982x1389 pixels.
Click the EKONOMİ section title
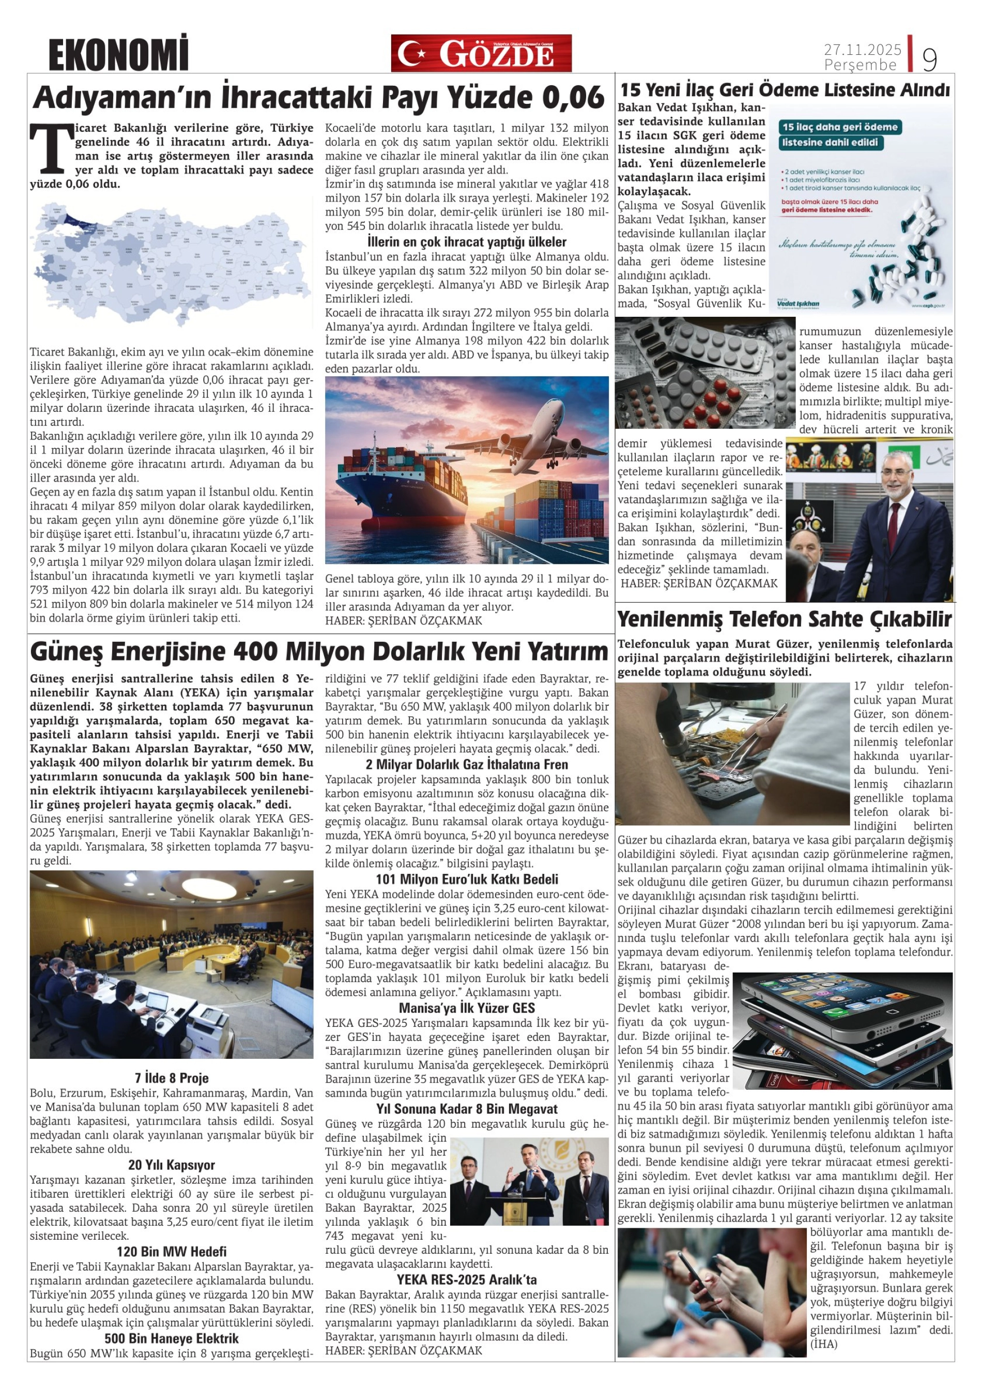pyautogui.click(x=118, y=54)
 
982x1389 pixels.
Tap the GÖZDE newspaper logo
pyautogui.click(x=481, y=53)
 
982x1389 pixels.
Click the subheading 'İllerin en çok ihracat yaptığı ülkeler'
pyautogui.click(x=467, y=242)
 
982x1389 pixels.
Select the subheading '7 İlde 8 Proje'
pyautogui.click(x=172, y=1077)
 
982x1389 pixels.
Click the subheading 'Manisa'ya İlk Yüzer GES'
pyautogui.click(x=467, y=1007)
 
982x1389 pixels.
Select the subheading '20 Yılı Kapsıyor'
pyautogui.click(x=172, y=1165)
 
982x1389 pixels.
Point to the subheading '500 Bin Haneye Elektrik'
pyautogui.click(x=172, y=1338)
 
